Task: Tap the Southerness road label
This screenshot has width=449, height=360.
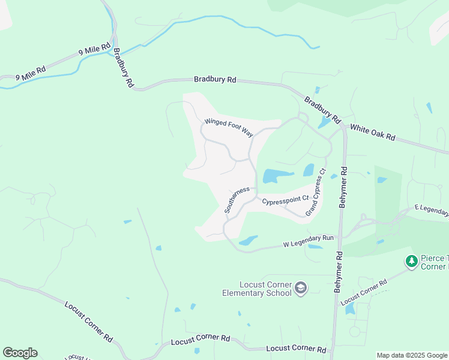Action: tap(237, 200)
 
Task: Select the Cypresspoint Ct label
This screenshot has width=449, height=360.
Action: tap(285, 198)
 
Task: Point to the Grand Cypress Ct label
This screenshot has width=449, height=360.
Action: tap(315, 193)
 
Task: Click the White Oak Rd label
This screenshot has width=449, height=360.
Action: tap(372, 133)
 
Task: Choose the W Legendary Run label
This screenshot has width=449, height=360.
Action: tap(307, 242)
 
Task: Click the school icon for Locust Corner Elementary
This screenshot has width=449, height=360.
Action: tap(301, 289)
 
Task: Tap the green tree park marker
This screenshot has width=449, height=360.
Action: tap(411, 261)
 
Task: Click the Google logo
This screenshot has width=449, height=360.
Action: tap(20, 353)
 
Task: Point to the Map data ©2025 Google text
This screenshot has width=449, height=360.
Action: tap(411, 355)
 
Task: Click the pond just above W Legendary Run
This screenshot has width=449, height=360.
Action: tap(248, 241)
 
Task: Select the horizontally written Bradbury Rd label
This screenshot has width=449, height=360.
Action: tap(215, 79)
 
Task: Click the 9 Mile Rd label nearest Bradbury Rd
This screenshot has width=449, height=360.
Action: tap(94, 50)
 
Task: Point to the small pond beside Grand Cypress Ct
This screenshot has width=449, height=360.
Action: tap(309, 170)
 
